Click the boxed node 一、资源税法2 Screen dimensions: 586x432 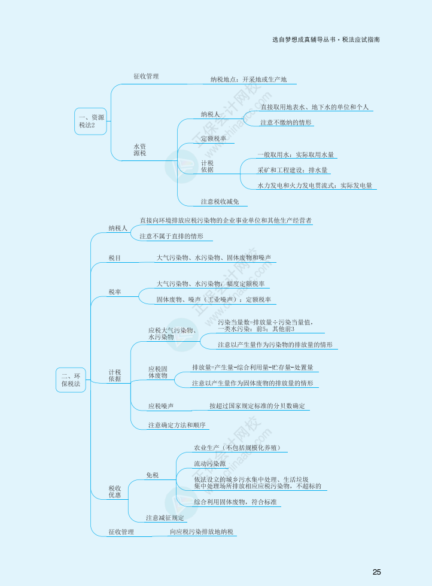click(x=90, y=121)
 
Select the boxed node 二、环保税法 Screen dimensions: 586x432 click(x=71, y=379)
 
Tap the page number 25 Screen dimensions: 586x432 click(x=376, y=572)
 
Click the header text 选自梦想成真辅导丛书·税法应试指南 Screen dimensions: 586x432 click(x=325, y=40)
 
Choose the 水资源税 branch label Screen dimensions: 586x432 click(x=139, y=150)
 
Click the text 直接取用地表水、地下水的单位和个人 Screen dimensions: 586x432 click(x=314, y=107)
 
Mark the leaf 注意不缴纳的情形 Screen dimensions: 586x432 click(x=286, y=122)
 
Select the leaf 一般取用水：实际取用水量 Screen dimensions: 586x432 click(x=295, y=154)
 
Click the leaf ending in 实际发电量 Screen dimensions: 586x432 click(x=314, y=186)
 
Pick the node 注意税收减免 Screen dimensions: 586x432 click(x=220, y=201)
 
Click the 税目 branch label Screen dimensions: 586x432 click(x=114, y=257)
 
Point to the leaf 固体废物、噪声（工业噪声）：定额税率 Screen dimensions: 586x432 click(x=213, y=299)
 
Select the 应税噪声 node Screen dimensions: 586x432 click(x=161, y=406)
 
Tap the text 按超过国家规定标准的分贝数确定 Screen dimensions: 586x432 click(x=257, y=406)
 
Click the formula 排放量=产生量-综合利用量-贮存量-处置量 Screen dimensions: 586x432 click(x=252, y=367)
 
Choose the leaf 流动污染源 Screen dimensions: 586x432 click(x=209, y=463)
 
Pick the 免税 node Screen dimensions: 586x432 click(x=152, y=475)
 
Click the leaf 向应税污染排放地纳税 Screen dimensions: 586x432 click(x=202, y=532)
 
